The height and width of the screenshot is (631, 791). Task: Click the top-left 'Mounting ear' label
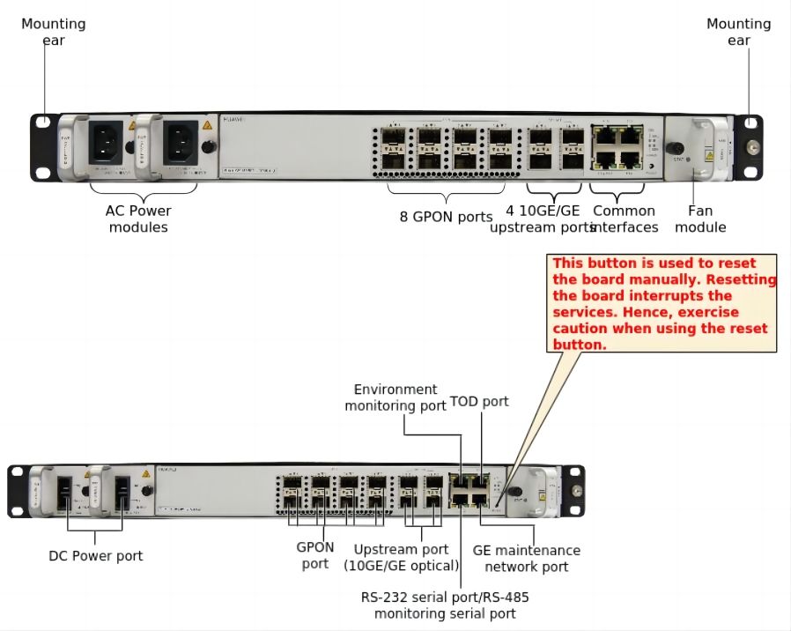coord(53,32)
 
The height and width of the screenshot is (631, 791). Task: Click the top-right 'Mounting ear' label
coord(738,32)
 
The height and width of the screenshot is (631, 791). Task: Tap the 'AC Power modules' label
coord(138,219)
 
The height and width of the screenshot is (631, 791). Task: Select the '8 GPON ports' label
coord(446,217)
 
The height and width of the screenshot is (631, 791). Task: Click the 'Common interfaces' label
coord(624,219)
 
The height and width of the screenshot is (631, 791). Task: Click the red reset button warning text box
coord(664,304)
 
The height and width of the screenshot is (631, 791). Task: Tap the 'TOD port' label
coord(479,401)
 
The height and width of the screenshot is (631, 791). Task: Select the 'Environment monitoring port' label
coord(395,397)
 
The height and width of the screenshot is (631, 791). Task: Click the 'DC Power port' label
coord(95,555)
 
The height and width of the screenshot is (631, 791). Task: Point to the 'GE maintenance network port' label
coord(527,558)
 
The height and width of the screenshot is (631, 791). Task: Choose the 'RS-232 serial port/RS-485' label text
coord(445,597)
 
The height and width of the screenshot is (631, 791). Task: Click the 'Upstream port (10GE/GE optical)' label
coord(401,557)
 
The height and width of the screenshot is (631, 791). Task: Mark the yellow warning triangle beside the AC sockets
coord(207,126)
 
